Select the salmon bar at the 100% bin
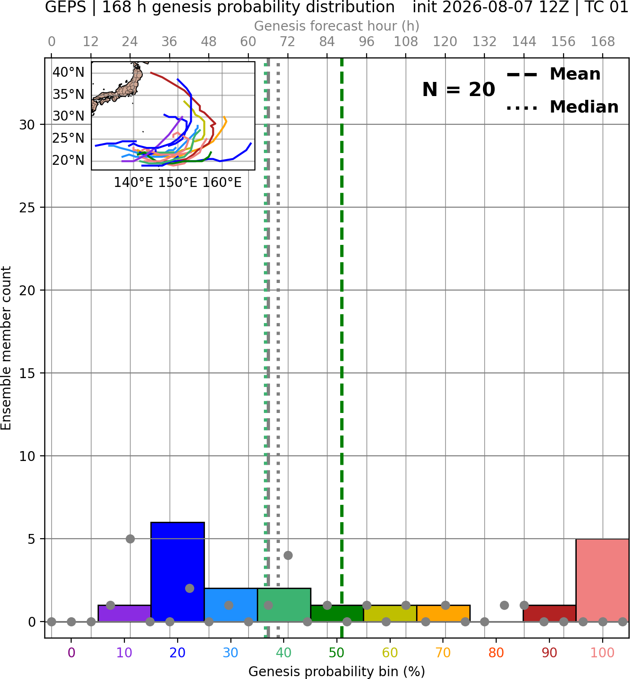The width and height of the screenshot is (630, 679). pos(602,580)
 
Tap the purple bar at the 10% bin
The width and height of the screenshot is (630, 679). pos(124,613)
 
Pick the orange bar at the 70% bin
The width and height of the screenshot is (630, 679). pos(443,613)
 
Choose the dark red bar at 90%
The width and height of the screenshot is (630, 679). pos(549,613)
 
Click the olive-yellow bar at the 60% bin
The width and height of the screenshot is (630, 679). pos(390,613)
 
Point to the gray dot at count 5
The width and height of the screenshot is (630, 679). pos(130,539)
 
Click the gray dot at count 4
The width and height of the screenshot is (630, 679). pos(288,555)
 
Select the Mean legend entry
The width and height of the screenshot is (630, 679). pos(553,74)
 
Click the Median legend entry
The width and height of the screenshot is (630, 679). pos(562,107)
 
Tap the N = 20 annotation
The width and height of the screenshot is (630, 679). pos(458,89)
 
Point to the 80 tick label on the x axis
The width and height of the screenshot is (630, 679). pos(496,653)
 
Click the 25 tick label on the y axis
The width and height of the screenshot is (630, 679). pos(27,208)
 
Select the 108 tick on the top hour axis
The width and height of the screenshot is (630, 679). pos(406,42)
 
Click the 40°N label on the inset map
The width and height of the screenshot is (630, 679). pos(68,72)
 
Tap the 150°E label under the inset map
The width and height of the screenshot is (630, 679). pos(178,183)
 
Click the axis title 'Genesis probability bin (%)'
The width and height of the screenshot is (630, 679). pos(336,671)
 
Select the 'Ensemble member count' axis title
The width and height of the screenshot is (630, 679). pos(6,348)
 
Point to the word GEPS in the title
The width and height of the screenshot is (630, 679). pos(65,7)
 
